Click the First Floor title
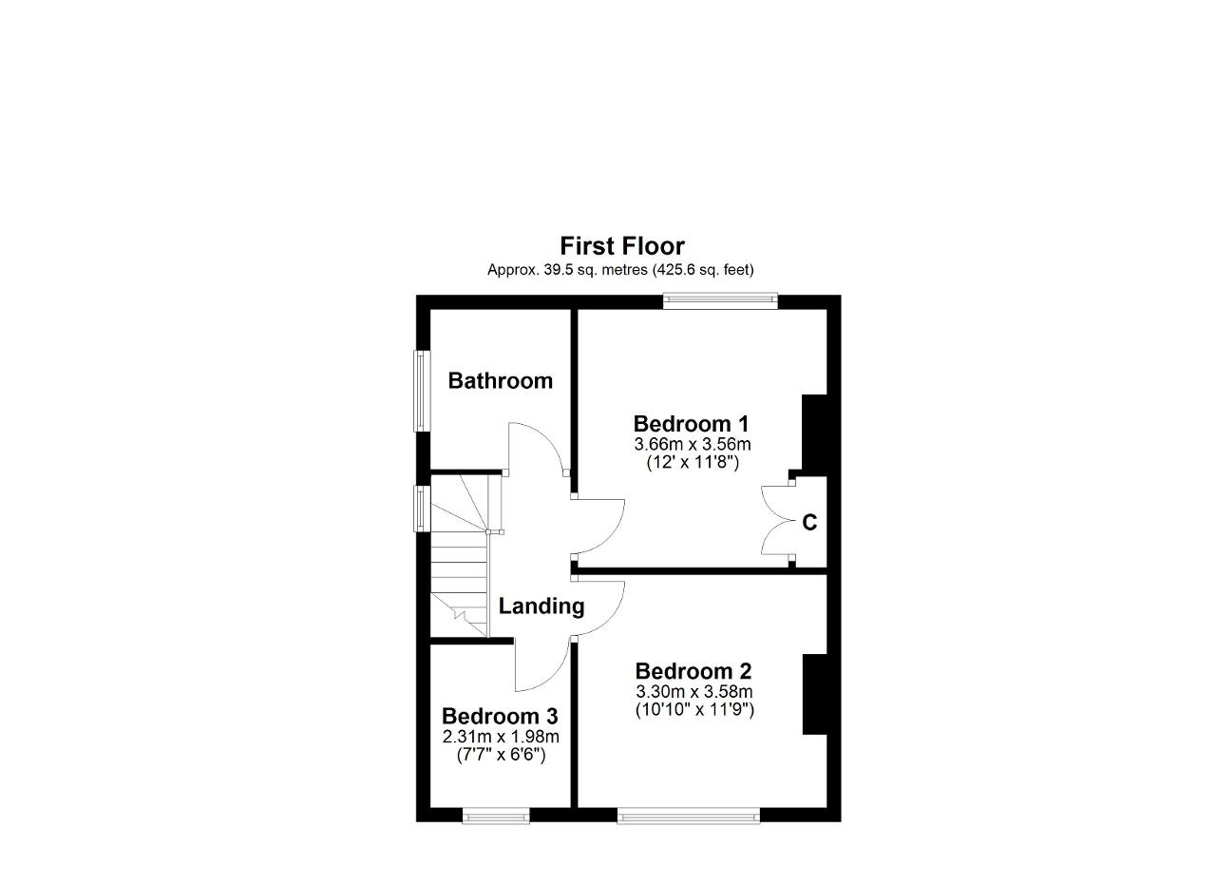[x=622, y=246]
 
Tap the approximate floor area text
[x=620, y=270]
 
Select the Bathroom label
[x=500, y=381]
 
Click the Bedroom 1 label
[x=691, y=424]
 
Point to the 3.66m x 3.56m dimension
[x=693, y=445]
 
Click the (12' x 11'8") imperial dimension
[x=693, y=463]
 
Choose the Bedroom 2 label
[x=693, y=671]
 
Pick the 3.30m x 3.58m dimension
[x=694, y=692]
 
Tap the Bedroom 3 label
[x=500, y=717]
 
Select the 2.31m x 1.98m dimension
[x=501, y=738]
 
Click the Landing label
[x=541, y=606]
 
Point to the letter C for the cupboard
[x=809, y=523]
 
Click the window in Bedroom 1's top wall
[x=720, y=301]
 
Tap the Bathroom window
[x=423, y=391]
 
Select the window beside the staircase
[x=423, y=509]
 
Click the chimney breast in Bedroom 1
[x=814, y=433]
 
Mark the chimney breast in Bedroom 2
[x=815, y=695]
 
